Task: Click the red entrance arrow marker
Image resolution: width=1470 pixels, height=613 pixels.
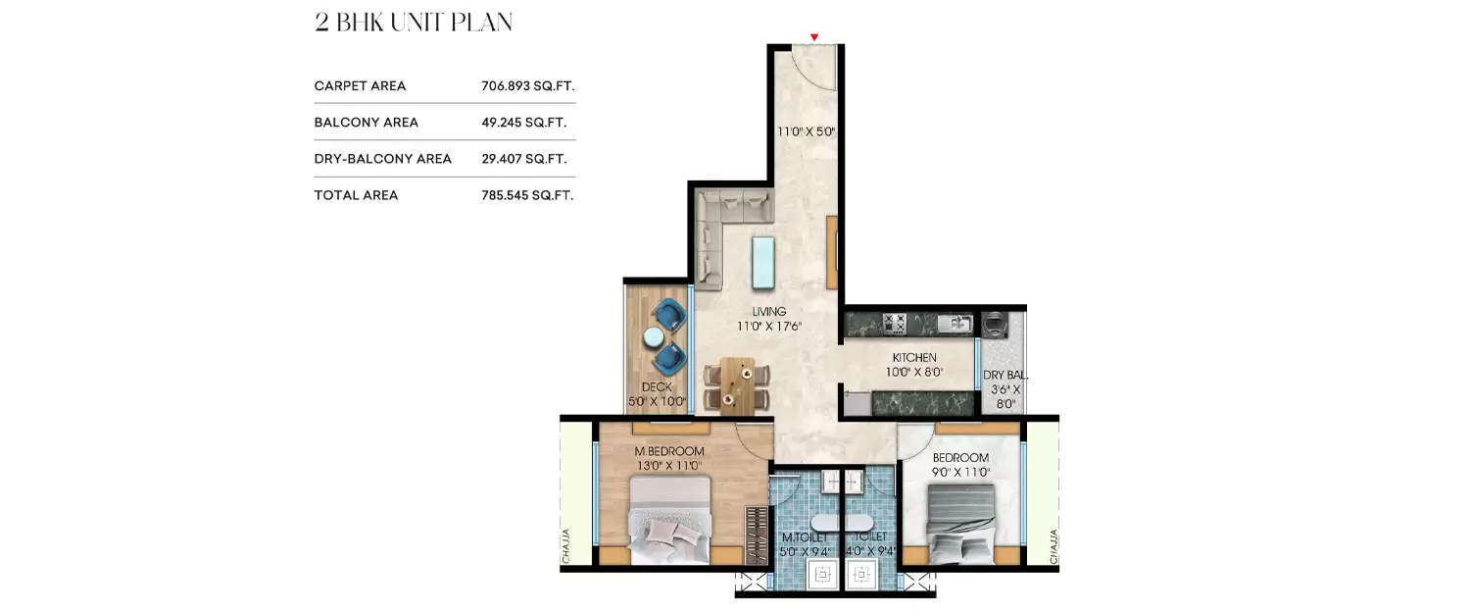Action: (x=814, y=37)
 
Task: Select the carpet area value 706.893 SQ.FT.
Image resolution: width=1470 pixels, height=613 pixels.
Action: (x=526, y=86)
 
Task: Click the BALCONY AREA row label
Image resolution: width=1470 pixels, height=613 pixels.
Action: (x=366, y=123)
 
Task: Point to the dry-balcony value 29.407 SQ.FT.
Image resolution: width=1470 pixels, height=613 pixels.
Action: (x=524, y=159)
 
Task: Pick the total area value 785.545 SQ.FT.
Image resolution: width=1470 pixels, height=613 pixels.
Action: (x=527, y=195)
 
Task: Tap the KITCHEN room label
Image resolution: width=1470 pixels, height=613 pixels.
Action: (x=913, y=357)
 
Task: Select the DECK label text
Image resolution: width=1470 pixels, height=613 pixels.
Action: (x=656, y=387)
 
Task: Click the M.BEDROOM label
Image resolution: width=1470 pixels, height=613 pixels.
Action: (x=668, y=451)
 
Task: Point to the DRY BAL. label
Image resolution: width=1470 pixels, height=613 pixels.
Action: (x=1004, y=375)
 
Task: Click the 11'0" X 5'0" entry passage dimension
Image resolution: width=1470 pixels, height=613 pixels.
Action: (x=806, y=130)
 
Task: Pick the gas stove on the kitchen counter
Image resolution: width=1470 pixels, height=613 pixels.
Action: (x=894, y=322)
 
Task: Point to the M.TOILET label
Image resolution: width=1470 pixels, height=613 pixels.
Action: (x=806, y=538)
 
